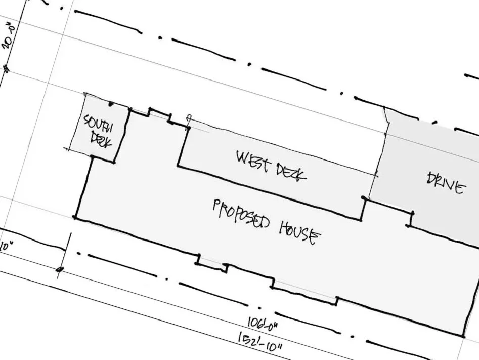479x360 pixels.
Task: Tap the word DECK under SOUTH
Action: click(x=101, y=139)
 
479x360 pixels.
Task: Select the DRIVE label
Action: click(x=445, y=184)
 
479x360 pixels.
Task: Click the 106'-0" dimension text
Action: click(x=264, y=322)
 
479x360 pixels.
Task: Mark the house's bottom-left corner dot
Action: click(x=75, y=217)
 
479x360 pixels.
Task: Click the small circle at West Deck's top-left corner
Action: click(x=188, y=119)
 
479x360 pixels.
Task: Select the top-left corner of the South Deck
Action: click(x=84, y=94)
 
